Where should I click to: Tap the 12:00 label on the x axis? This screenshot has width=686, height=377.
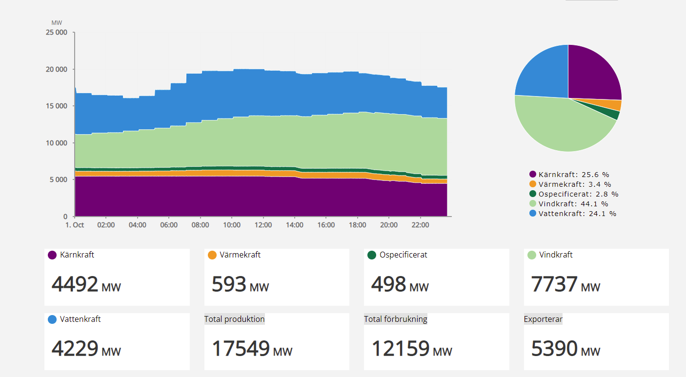tap(263, 225)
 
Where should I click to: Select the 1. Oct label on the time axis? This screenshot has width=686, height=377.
tap(75, 225)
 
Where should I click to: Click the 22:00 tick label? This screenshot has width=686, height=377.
tap(420, 225)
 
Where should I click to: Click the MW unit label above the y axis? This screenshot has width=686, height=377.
tap(57, 23)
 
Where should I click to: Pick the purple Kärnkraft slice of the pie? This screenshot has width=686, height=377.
tap(593, 73)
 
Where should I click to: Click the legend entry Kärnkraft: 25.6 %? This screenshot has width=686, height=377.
tap(574, 175)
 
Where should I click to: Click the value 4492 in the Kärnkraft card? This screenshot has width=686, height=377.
tap(75, 284)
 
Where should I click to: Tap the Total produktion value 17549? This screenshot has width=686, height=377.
tap(241, 349)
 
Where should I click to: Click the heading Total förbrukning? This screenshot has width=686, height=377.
tap(395, 319)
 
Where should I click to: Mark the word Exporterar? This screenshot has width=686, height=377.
tap(543, 319)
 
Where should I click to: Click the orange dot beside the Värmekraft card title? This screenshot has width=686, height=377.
tap(212, 255)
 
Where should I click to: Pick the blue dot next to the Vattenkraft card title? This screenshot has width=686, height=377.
tap(53, 320)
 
